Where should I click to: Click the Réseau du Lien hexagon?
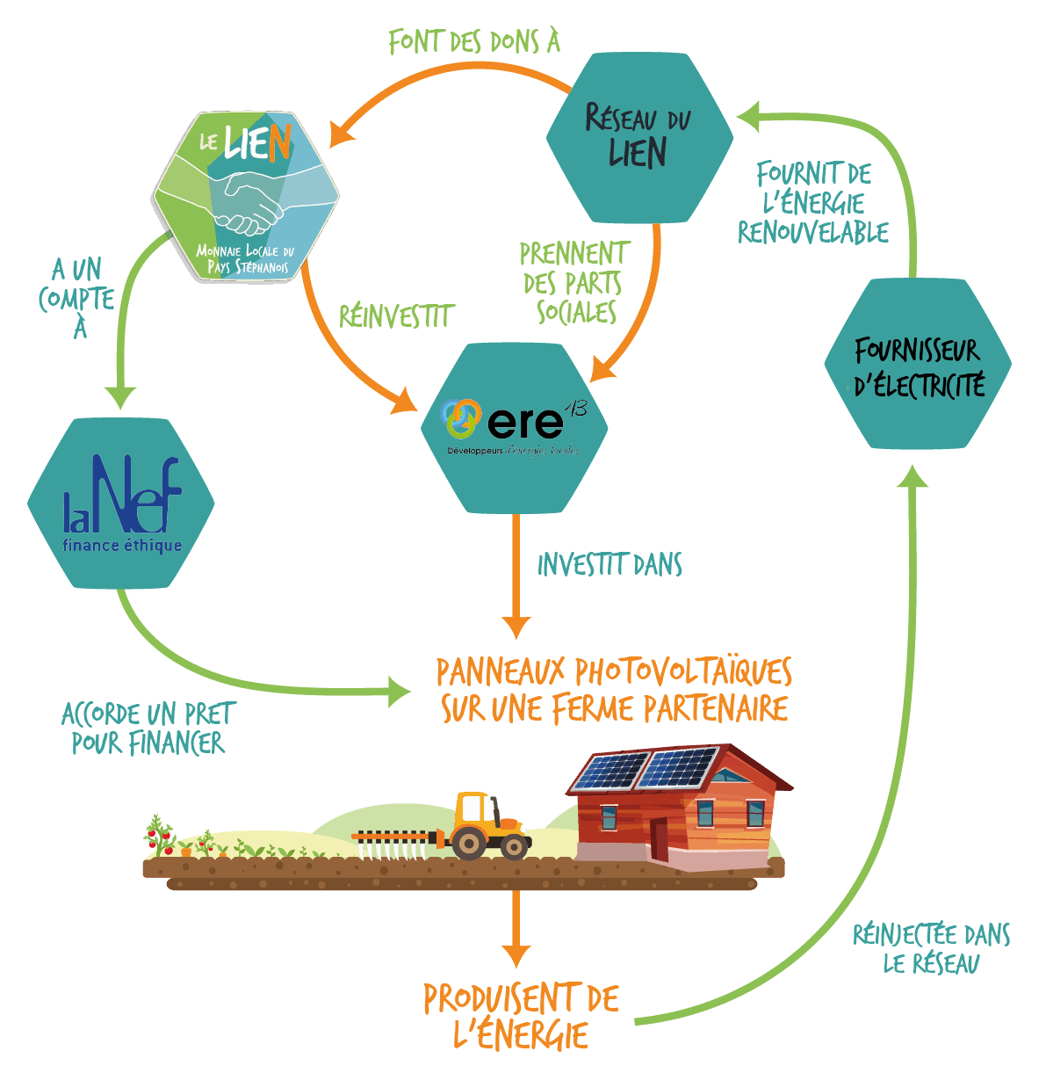click(639, 138)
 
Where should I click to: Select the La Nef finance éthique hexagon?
click(121, 503)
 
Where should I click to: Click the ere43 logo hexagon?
click(514, 427)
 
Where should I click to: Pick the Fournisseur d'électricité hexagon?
click(918, 364)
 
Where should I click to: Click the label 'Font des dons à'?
click(474, 41)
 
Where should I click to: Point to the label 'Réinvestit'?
click(396, 316)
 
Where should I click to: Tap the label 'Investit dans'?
click(610, 565)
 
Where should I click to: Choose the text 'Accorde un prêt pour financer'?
click(148, 729)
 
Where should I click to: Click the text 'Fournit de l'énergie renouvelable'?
click(813, 204)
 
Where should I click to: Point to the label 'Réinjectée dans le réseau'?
click(931, 948)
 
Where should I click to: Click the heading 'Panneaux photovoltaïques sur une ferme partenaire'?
click(614, 690)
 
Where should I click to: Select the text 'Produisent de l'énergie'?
click(521, 1016)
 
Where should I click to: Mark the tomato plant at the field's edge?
click(159, 835)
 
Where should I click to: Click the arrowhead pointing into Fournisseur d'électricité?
click(915, 475)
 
